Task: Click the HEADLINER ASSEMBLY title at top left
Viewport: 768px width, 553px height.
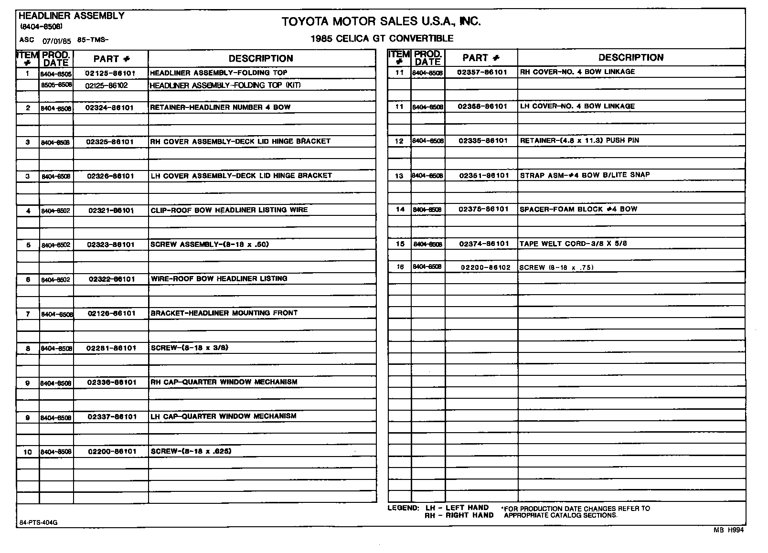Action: pos(72,16)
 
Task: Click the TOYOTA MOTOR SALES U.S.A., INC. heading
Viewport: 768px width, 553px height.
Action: pos(381,21)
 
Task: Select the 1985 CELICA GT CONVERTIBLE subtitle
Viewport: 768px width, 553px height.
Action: pos(382,39)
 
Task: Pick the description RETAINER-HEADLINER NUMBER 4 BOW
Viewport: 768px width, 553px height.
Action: pos(220,107)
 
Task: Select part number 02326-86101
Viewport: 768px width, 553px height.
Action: pos(110,176)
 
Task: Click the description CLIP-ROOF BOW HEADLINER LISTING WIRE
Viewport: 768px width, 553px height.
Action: pos(229,210)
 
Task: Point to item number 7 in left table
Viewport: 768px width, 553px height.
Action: pos(28,314)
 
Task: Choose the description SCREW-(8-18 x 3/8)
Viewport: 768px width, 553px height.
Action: pos(190,348)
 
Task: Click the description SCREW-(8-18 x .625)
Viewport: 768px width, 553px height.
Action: pos(191,451)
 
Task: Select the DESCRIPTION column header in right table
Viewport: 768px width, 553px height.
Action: pos(630,58)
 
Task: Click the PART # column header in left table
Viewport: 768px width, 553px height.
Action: pos(111,59)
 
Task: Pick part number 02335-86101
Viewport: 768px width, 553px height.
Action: pos(483,141)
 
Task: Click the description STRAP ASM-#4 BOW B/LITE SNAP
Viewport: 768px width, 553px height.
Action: pos(585,175)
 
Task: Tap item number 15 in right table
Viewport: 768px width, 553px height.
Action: pos(400,244)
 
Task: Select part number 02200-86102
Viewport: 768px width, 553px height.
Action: pos(485,267)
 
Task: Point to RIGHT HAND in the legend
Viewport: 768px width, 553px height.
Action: pos(469,515)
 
